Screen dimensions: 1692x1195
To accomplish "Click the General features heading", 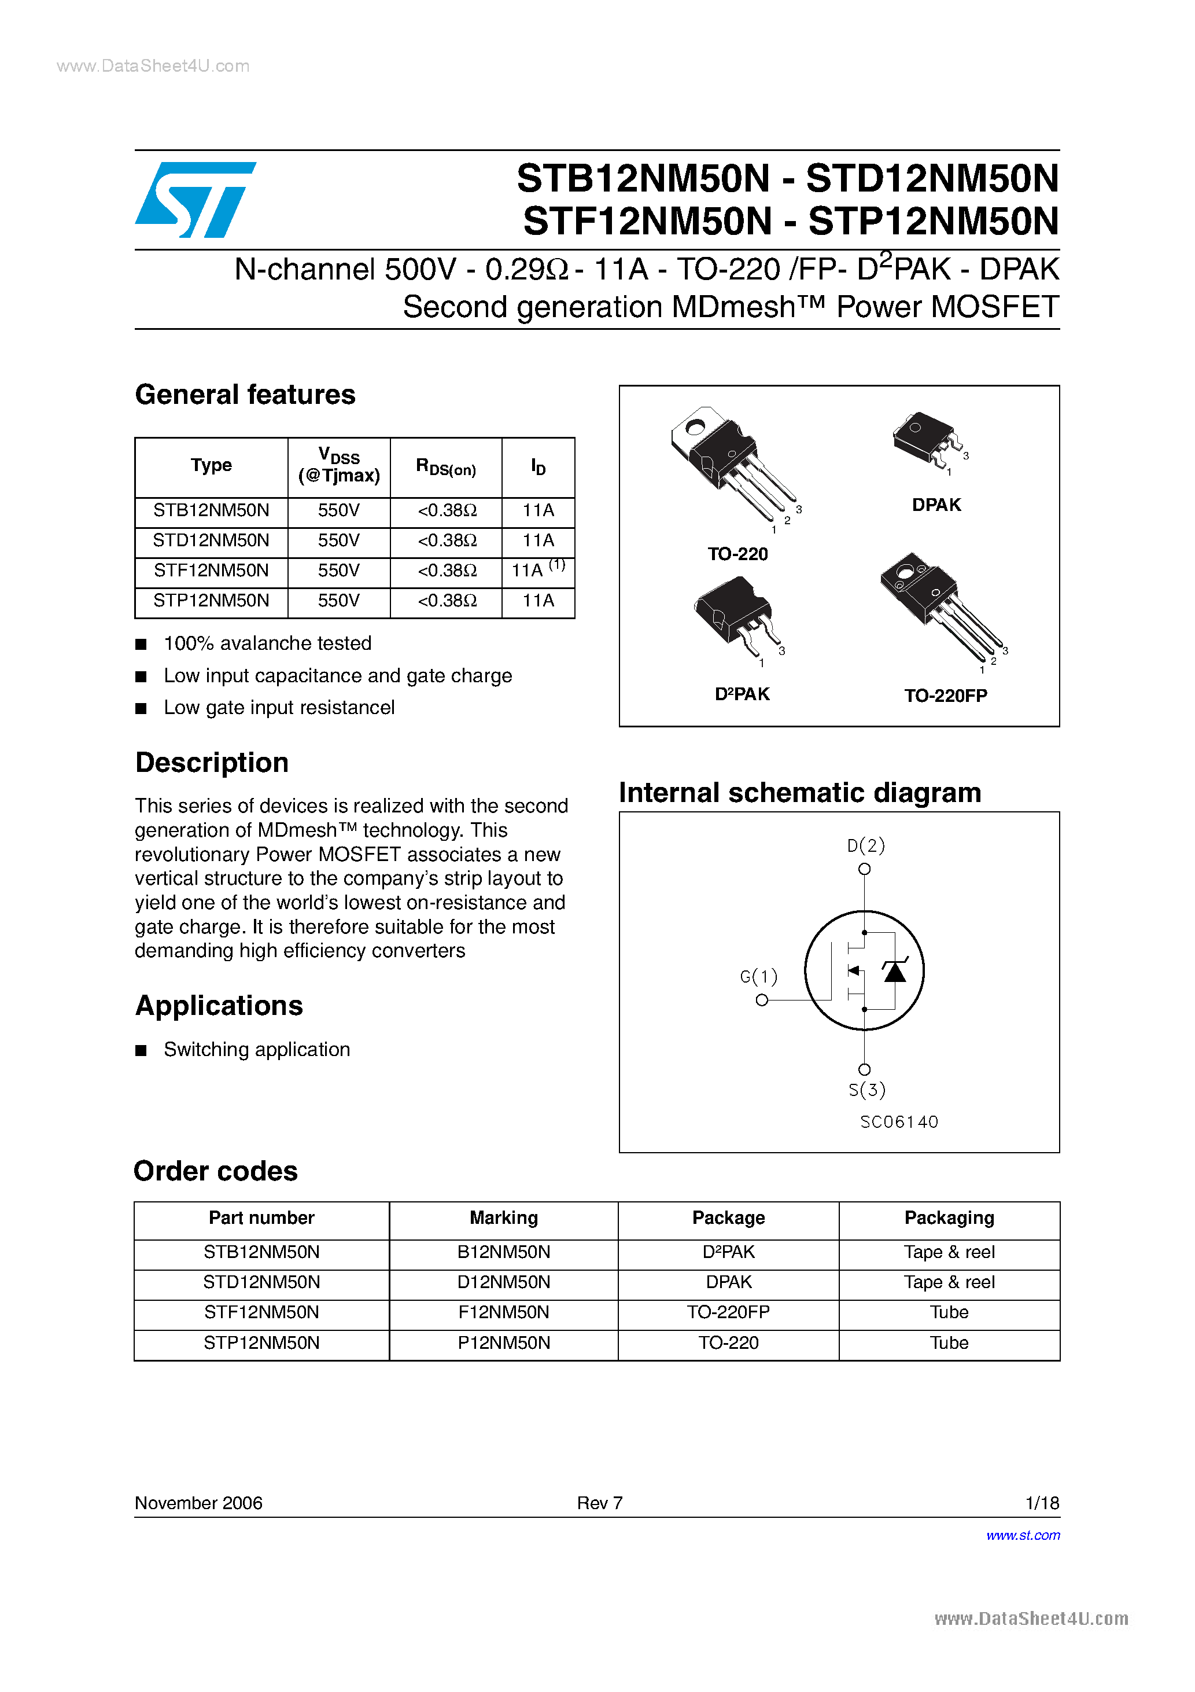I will (x=245, y=395).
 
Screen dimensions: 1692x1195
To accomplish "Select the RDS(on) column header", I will (x=446, y=467).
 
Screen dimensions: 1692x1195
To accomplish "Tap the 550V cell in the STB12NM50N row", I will (x=338, y=510).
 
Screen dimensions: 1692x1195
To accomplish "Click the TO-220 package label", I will (x=737, y=554).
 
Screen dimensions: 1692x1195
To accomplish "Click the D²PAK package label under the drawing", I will (x=742, y=694).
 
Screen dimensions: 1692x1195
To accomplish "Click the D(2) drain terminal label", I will (x=866, y=845).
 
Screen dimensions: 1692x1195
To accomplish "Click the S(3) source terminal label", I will (x=866, y=1090).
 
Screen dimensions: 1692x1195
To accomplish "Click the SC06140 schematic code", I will (x=899, y=1121).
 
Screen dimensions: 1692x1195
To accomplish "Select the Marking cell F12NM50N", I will (x=503, y=1312).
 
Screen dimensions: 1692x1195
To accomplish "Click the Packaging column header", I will (x=949, y=1218).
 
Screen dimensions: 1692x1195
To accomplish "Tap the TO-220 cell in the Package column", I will (x=728, y=1342).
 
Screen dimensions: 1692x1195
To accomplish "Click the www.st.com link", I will (x=1023, y=1535).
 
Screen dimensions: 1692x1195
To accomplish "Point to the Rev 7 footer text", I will (x=600, y=1503).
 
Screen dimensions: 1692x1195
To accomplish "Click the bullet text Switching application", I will (x=256, y=1049).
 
